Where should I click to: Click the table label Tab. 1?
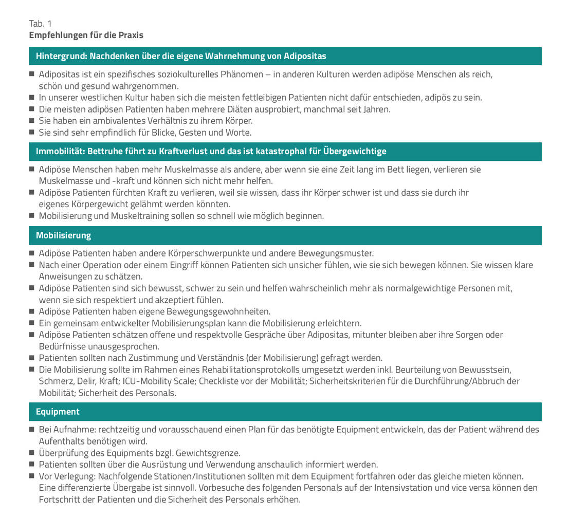[40, 24]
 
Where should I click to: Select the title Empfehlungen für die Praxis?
[86, 35]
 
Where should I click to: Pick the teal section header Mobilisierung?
[63, 235]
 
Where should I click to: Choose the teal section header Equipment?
[58, 412]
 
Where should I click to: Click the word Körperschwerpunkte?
[207, 253]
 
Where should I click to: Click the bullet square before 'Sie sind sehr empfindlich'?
[32, 132]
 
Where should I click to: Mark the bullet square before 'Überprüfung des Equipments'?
[32, 453]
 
